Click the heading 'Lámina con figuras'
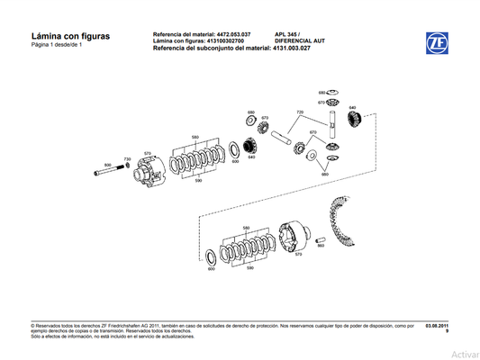point(70,36)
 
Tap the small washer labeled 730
point(129,167)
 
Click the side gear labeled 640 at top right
point(354,115)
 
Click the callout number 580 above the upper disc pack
point(195,136)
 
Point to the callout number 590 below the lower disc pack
point(250,269)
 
